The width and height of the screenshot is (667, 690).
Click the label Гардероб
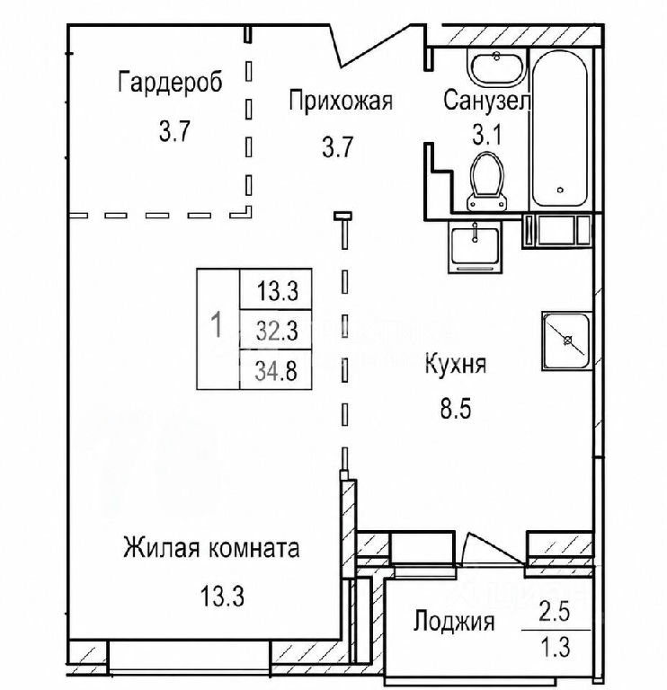point(170,83)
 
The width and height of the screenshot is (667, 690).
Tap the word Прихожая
point(341,101)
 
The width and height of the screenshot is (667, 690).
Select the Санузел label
point(486,101)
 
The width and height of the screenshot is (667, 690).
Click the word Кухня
point(456,365)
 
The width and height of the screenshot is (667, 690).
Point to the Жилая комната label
point(211,548)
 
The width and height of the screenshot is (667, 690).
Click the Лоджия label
point(454,623)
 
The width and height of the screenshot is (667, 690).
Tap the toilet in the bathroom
point(487,181)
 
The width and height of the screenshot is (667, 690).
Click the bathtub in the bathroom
point(559,128)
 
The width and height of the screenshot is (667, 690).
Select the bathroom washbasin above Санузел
point(497,67)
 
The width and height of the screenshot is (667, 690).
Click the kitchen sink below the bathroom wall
point(475,247)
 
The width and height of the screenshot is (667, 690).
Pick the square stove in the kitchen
point(565,341)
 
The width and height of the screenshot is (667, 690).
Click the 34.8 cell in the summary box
point(276,370)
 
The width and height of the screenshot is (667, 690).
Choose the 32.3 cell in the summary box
point(276,331)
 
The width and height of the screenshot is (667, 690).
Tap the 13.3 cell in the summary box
point(276,290)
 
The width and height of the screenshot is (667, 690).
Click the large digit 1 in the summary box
point(217,324)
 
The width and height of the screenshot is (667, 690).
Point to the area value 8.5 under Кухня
point(456,409)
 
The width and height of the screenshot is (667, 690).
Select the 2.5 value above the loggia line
point(555,612)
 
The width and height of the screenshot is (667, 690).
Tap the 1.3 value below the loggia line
point(556,647)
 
